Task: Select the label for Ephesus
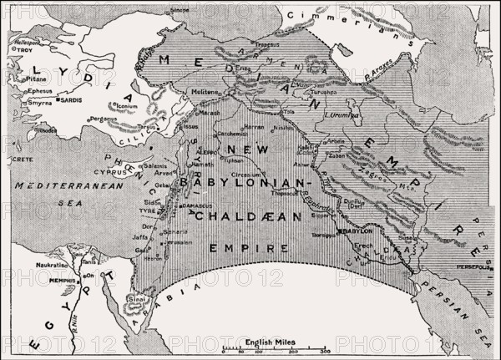coord(38,89)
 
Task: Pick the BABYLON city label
coord(352,231)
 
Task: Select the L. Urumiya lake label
coord(343,114)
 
